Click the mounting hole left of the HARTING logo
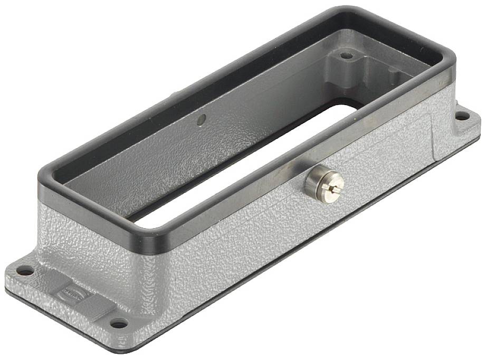25,272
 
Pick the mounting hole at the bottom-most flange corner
119,323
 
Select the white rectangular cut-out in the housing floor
248,158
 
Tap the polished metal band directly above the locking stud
317,161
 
